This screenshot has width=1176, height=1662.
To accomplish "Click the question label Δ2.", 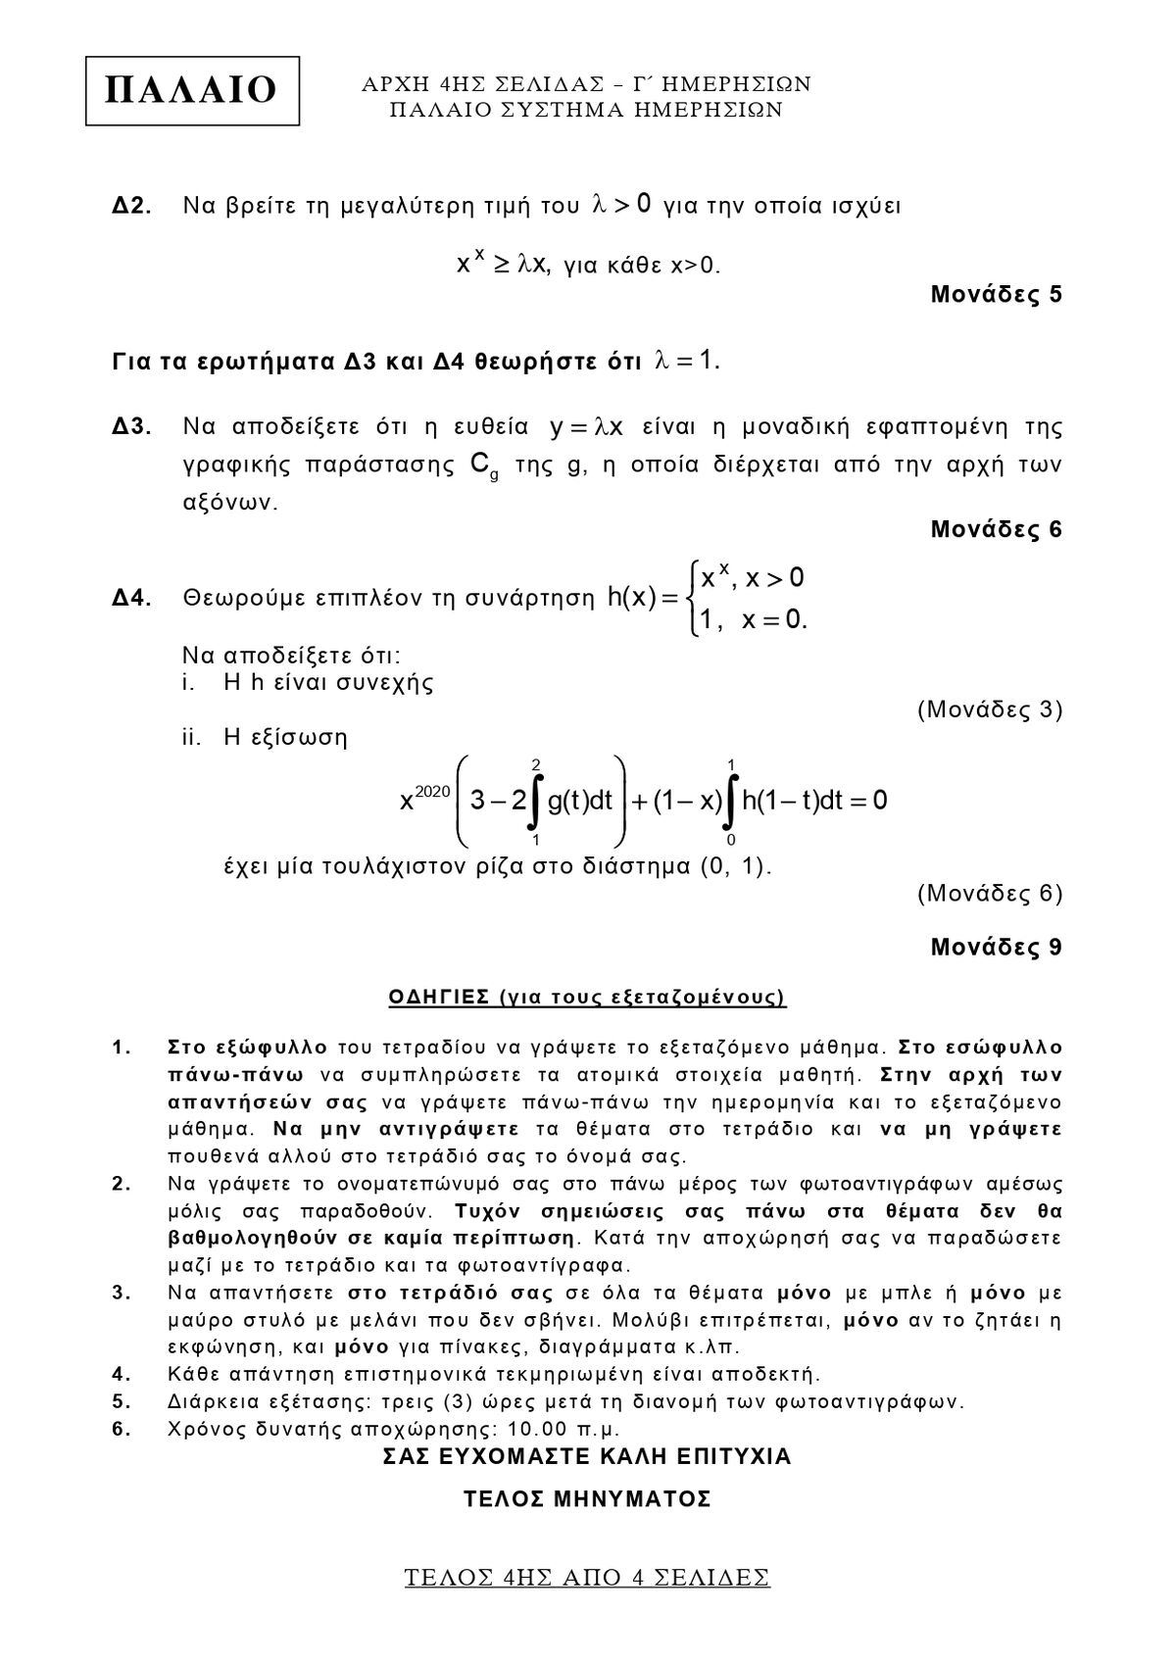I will pyautogui.click(x=131, y=207).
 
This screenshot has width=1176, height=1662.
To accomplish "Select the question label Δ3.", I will pyautogui.click(x=131, y=427).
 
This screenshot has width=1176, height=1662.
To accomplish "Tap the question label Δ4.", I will pyautogui.click(x=131, y=599).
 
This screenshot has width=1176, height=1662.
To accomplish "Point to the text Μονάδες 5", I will pyautogui.click(x=996, y=294).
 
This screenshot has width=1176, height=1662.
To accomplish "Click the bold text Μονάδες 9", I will pyautogui.click(x=996, y=948).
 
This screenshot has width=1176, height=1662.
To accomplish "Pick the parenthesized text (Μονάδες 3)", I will pyautogui.click(x=990, y=709).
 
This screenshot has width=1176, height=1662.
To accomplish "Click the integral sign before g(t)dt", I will pyautogui.click(x=535, y=802).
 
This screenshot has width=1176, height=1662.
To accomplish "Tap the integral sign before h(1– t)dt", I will pyautogui.click(x=730, y=802).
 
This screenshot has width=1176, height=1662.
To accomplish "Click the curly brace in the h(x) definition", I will pyautogui.click(x=694, y=598).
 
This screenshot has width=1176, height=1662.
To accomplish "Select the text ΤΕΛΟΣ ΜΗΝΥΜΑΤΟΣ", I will pyautogui.click(x=587, y=1499).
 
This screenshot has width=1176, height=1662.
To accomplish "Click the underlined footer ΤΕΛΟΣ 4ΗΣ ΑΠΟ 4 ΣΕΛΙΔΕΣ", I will pyautogui.click(x=587, y=1578).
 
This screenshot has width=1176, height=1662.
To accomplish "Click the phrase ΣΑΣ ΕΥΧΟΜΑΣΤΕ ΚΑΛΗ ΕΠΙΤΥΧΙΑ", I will pyautogui.click(x=587, y=1456).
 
